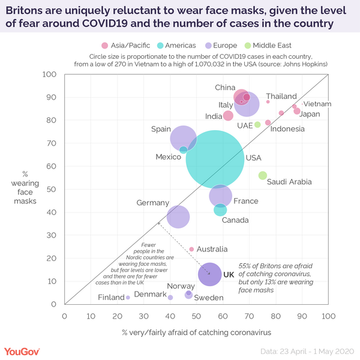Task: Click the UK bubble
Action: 210,274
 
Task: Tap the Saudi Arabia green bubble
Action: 262,175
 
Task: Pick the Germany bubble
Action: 178,217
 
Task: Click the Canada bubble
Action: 220,209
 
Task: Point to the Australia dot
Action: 191,249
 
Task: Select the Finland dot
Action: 128,298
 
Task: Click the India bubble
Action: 228,115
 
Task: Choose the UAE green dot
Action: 257,125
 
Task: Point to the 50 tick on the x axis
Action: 196,316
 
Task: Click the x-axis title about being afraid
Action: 196,332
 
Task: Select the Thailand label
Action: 281,97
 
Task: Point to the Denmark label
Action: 150,295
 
